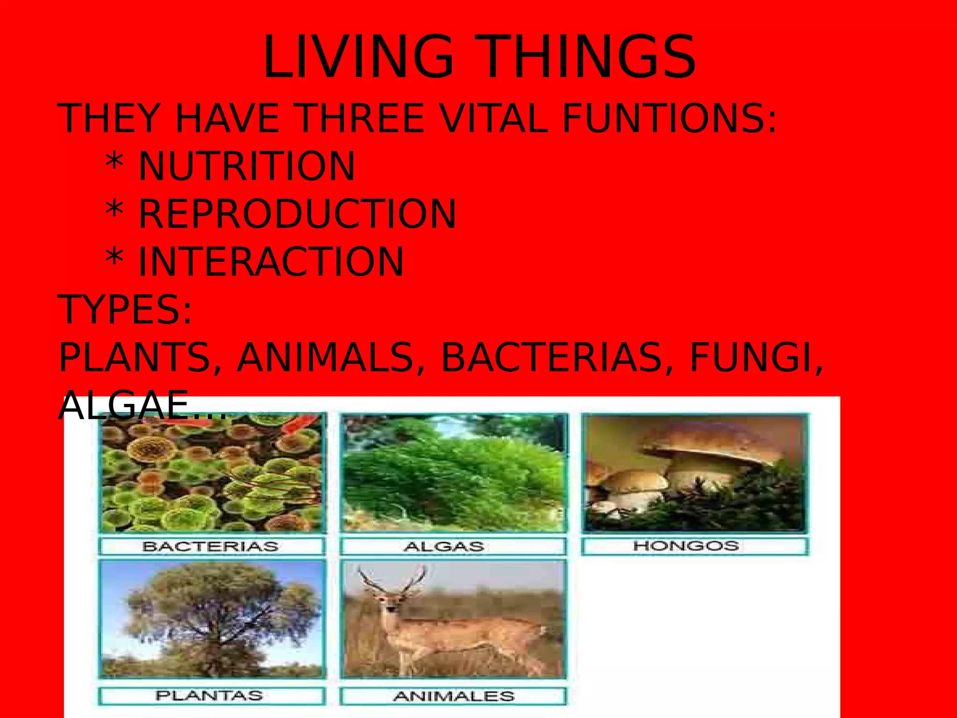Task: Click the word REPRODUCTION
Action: point(297,214)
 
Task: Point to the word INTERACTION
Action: point(271,262)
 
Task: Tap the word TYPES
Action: point(124,309)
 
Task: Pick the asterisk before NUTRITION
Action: point(114,164)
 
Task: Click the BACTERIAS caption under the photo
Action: point(211,546)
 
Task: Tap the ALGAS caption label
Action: point(444,546)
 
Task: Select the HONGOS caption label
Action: point(686,546)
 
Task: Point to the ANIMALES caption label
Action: point(454,696)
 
